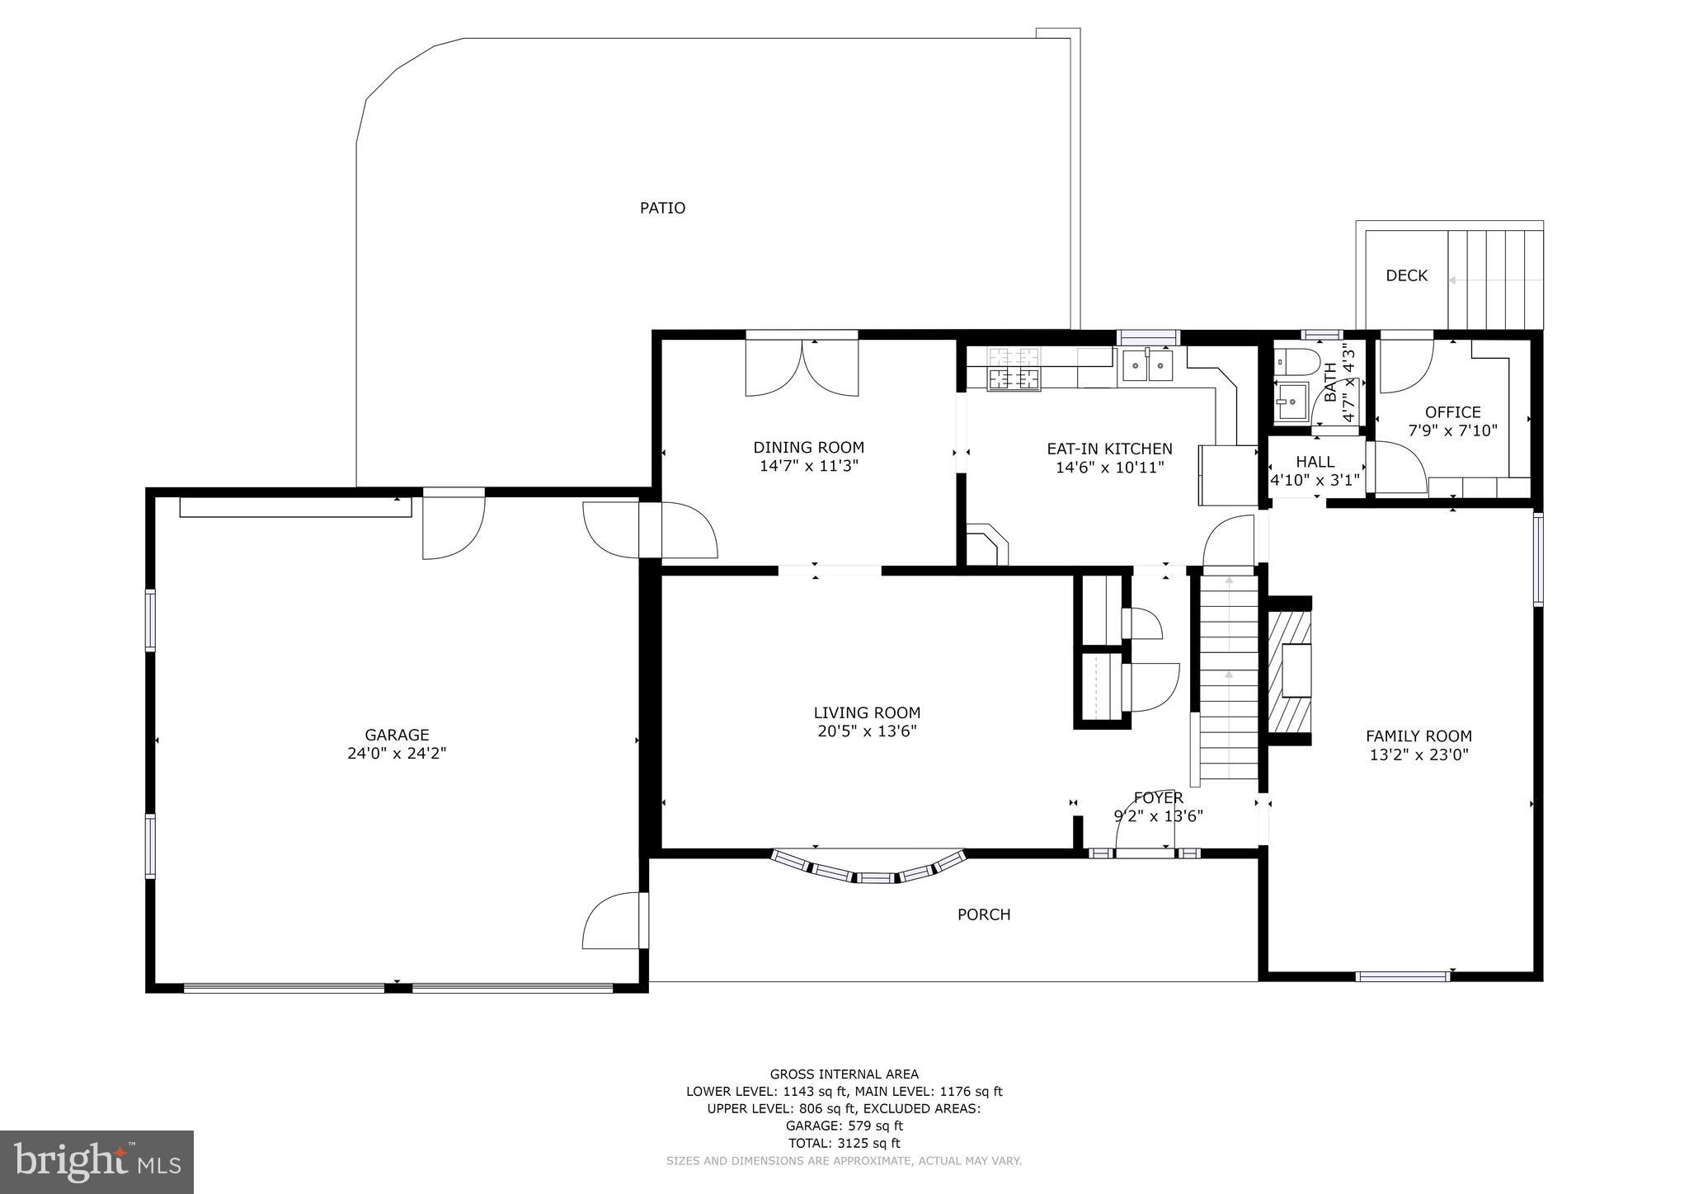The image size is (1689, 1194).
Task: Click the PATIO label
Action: click(x=662, y=208)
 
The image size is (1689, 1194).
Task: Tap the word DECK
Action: click(x=1406, y=275)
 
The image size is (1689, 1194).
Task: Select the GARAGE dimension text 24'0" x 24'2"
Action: click(x=397, y=753)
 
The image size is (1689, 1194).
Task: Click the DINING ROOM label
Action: click(x=808, y=448)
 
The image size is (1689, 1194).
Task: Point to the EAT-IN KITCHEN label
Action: click(x=1109, y=449)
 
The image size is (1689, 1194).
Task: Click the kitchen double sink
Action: click(x=1147, y=365)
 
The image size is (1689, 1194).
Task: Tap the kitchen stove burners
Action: click(x=1014, y=369)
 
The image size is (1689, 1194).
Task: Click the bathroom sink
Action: click(x=1291, y=402)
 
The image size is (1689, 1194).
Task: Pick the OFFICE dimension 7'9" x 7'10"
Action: click(x=1452, y=430)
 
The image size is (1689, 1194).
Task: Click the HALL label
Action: click(x=1315, y=462)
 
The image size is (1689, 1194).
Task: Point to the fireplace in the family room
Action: click(x=1289, y=670)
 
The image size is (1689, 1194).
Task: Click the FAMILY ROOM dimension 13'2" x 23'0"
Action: click(x=1418, y=754)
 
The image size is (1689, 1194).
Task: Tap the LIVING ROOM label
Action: click(x=867, y=712)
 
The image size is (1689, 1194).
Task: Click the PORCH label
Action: click(x=984, y=914)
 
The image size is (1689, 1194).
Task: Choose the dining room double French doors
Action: click(x=802, y=366)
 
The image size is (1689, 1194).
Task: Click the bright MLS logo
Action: click(x=96, y=1162)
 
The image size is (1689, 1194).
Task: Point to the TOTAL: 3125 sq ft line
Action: click(x=844, y=1143)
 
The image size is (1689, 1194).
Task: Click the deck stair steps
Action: click(x=1495, y=280)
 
